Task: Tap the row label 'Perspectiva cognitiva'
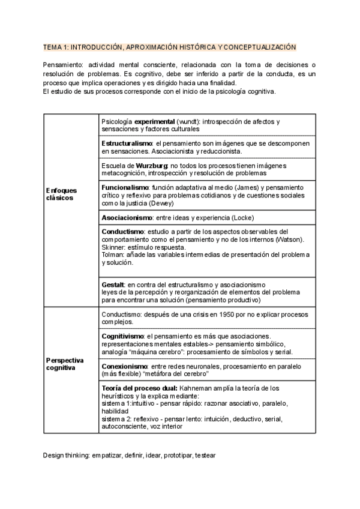click(65, 364)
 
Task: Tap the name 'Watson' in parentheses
click(289, 239)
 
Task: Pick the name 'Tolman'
click(112, 254)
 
